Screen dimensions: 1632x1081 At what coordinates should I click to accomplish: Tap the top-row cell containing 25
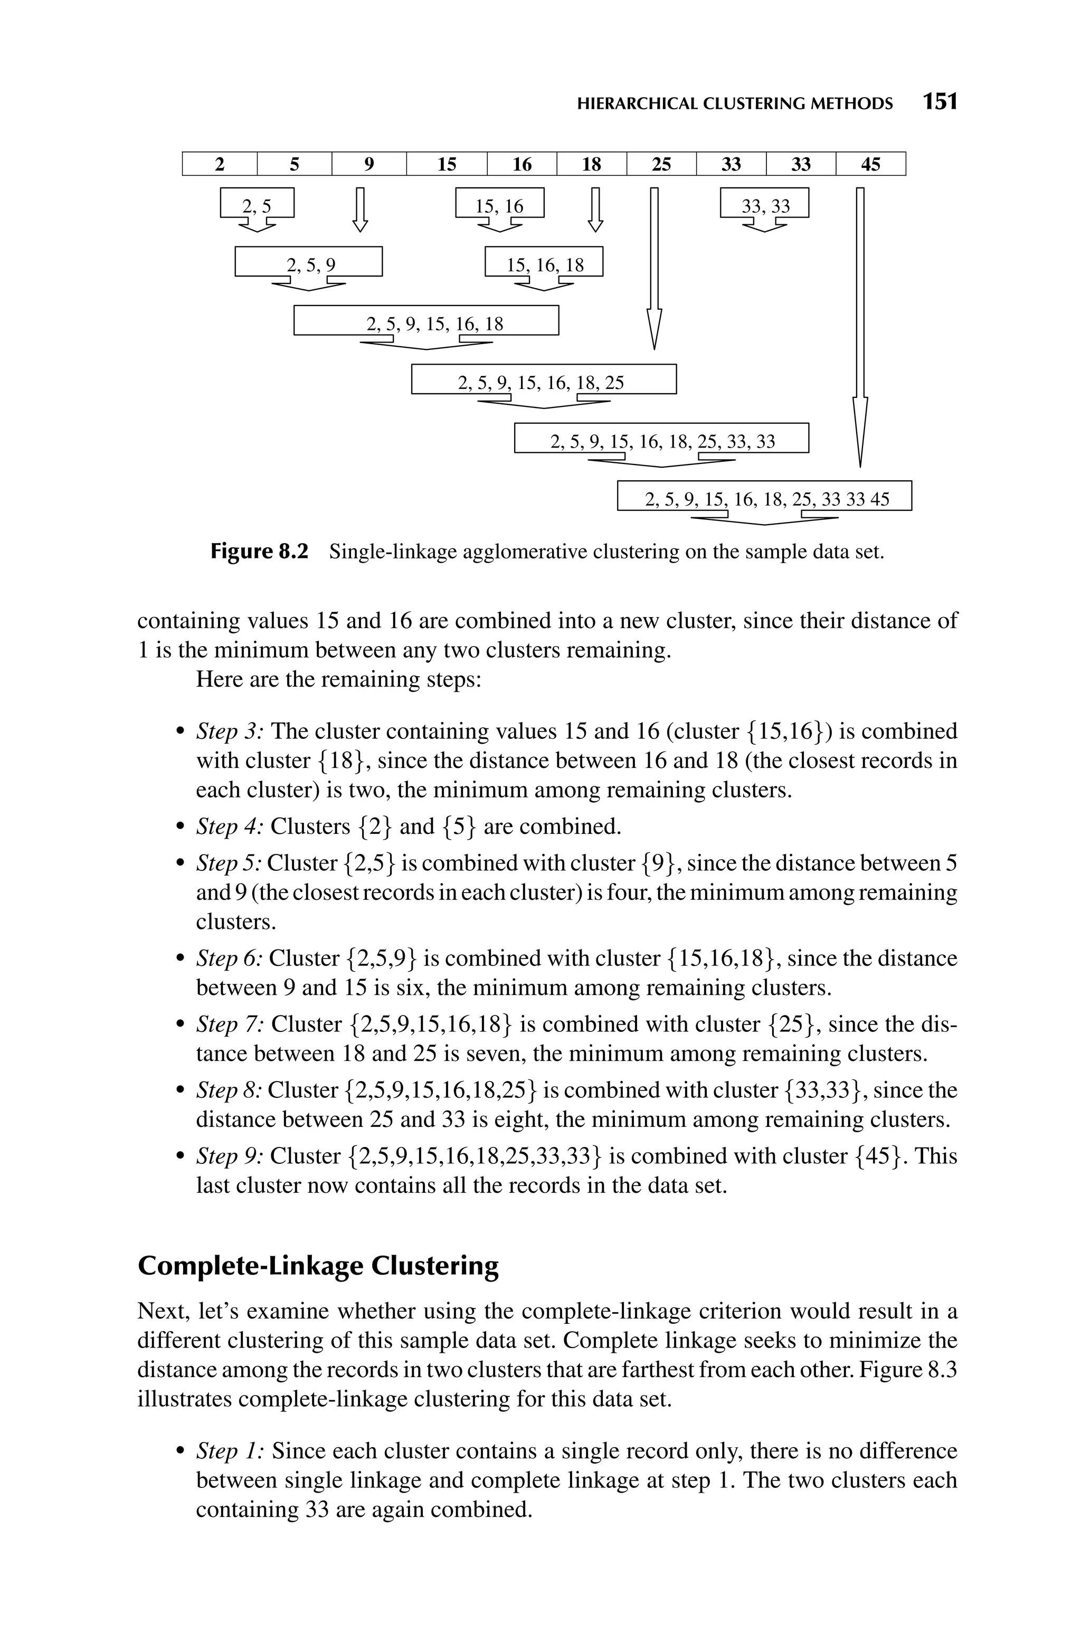coord(661,164)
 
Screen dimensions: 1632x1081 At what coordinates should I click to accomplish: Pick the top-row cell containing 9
coord(369,164)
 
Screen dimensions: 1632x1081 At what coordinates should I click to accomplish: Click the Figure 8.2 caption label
coord(259,552)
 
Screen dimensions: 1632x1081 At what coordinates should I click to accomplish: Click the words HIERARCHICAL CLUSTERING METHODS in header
coord(734,103)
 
